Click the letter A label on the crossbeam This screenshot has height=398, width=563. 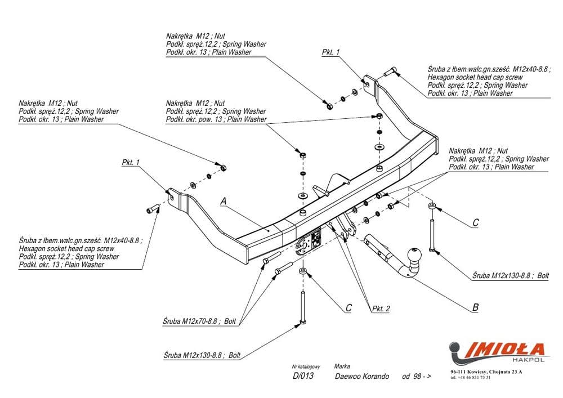223,200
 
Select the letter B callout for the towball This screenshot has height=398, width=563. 475,307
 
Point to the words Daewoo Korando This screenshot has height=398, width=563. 361,376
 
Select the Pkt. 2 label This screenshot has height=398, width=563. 381,308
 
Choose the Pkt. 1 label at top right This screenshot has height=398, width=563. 331,52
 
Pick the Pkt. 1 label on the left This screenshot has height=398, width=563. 130,162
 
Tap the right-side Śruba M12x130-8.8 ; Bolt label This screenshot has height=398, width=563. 510,276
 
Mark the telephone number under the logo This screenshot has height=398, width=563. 470,377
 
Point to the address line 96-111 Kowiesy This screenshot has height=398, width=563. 486,372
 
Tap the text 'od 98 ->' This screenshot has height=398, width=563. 417,376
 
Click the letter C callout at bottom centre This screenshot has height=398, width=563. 348,307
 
